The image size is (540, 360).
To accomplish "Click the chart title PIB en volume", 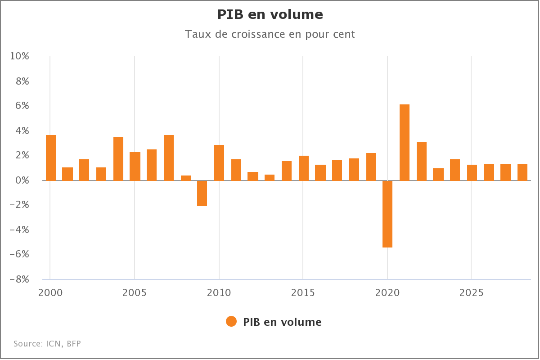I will [x=270, y=14].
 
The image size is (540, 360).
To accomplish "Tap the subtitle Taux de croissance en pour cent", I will [x=270, y=34].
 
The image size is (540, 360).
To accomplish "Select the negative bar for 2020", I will [x=387, y=214].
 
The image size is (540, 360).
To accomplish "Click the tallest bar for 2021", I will [x=405, y=142].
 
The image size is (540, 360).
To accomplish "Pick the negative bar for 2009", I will [x=202, y=193].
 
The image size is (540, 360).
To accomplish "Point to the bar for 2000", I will [x=51, y=157].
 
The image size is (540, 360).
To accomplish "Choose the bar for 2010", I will [x=219, y=162].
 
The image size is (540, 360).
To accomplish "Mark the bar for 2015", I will [x=304, y=168].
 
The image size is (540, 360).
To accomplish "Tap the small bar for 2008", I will [x=185, y=178].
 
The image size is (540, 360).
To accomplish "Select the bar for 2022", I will [x=422, y=161].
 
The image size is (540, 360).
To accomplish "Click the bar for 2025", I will [x=472, y=172].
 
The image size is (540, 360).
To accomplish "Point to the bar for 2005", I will [x=135, y=166].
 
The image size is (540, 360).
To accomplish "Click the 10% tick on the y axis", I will [x=20, y=56].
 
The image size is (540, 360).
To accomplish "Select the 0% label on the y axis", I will [x=22, y=180].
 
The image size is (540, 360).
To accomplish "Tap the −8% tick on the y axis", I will [x=20, y=279].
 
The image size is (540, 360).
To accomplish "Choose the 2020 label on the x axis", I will [x=387, y=293].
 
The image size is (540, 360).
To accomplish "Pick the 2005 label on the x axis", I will [x=135, y=293].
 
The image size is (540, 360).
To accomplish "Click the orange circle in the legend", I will [x=231, y=322].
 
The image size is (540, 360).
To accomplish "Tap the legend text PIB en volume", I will [x=282, y=322].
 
